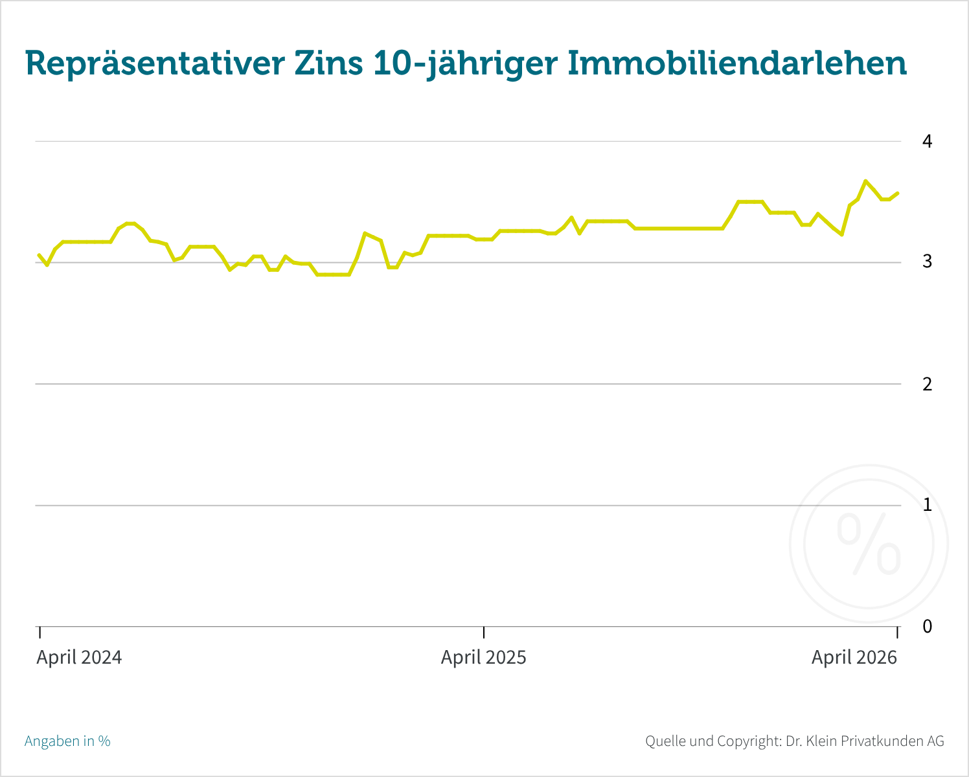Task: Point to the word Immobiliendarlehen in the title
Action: (736, 64)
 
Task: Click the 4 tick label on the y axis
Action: (928, 141)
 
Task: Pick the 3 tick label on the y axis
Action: (928, 262)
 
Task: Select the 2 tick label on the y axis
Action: (928, 384)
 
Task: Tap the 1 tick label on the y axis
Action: (928, 504)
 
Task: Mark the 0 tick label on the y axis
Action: (928, 626)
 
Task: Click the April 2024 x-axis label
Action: (79, 658)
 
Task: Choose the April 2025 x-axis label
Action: (484, 658)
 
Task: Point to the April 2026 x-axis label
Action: (854, 658)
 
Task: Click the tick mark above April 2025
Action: (484, 633)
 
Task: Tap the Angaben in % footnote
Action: (67, 741)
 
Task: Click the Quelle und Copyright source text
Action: (794, 741)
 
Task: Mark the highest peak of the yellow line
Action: (865, 181)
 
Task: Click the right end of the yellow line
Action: (897, 193)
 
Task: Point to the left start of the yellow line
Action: (39, 255)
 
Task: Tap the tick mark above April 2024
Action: (40, 633)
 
